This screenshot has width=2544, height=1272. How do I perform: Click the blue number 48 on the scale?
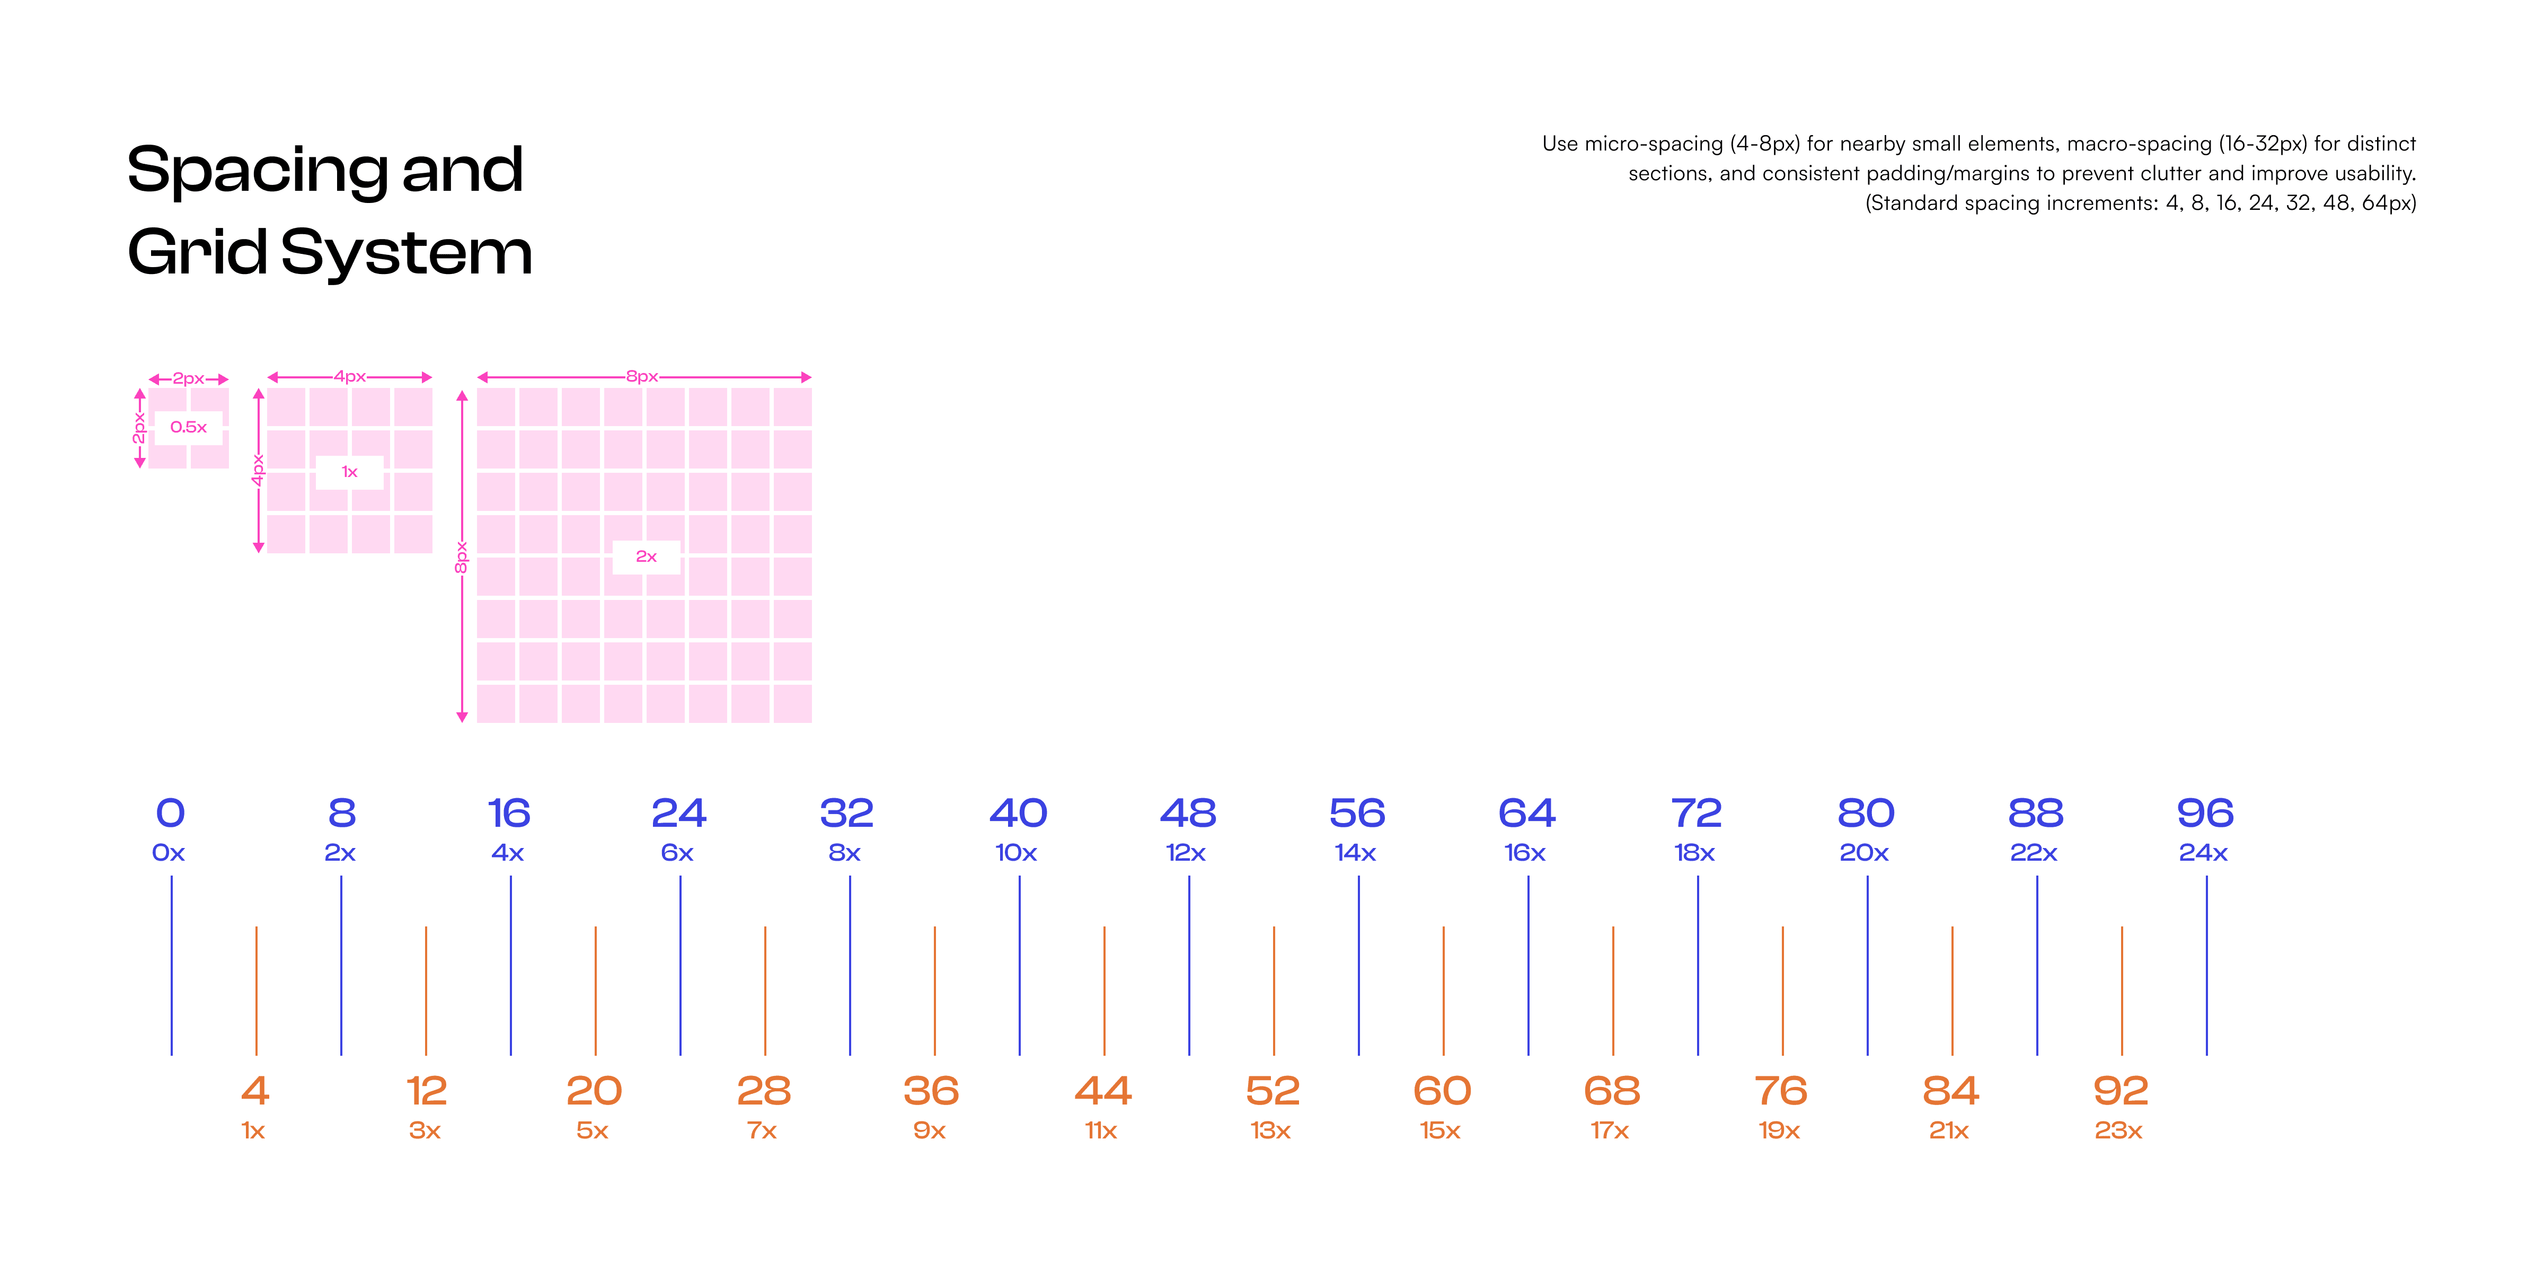coord(1188,814)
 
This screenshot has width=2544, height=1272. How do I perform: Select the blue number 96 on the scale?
coord(2205,814)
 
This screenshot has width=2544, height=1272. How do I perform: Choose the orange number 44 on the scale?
coord(1103,1091)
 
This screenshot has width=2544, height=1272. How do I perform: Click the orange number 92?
coord(2121,1091)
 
